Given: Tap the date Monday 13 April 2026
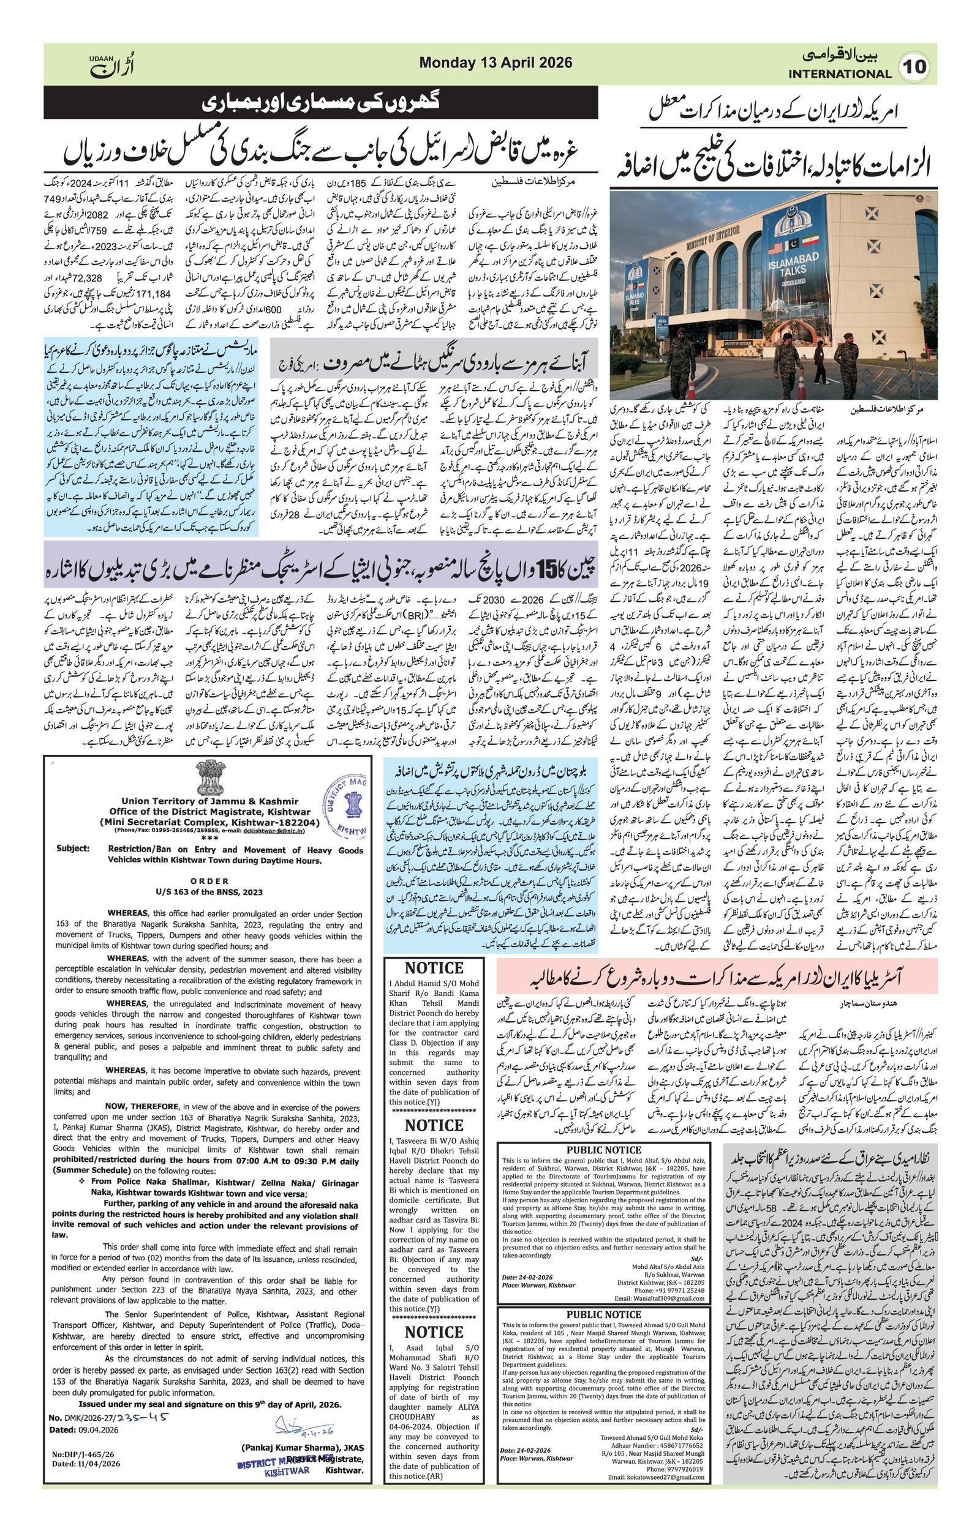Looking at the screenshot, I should coord(496,62).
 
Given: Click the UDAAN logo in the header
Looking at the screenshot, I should coord(112,64).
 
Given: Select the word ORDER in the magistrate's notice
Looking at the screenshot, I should coord(209,881).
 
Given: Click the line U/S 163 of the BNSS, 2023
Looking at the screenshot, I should coord(208,891).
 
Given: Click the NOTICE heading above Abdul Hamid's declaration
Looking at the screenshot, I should coord(434,968).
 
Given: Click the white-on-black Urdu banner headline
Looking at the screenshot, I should coord(321,102).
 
